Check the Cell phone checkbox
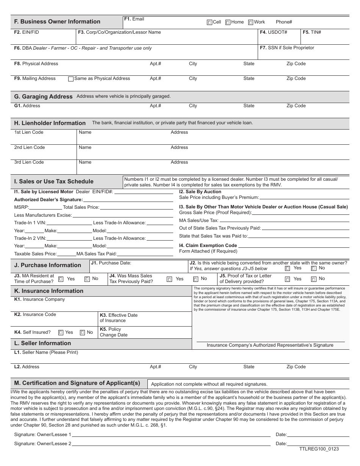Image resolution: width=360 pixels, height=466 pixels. (x=210, y=22)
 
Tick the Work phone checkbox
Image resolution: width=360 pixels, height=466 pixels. (x=250, y=22)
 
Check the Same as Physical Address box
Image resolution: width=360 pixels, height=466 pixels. (x=70, y=79)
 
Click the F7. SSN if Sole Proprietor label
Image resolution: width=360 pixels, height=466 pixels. (x=287, y=48)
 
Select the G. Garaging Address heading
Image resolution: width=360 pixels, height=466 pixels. (x=43, y=97)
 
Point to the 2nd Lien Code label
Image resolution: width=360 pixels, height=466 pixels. (x=30, y=147)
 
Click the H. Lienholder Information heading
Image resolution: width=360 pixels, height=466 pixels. (x=50, y=123)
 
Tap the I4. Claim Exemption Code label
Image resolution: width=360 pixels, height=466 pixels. (x=208, y=246)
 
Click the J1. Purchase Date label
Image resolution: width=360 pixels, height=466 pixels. (x=111, y=263)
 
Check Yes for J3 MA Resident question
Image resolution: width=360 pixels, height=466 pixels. (x=61, y=279)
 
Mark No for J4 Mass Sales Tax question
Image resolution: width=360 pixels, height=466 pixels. (x=196, y=279)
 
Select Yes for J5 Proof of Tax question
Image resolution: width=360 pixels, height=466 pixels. (x=288, y=279)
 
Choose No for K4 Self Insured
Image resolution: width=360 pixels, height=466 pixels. (x=82, y=333)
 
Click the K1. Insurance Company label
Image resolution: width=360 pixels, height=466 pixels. (x=39, y=299)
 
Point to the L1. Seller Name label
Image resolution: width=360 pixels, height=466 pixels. (x=46, y=352)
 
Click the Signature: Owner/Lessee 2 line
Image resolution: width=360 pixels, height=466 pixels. (x=171, y=444)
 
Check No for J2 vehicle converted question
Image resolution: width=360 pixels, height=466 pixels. (x=314, y=268)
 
